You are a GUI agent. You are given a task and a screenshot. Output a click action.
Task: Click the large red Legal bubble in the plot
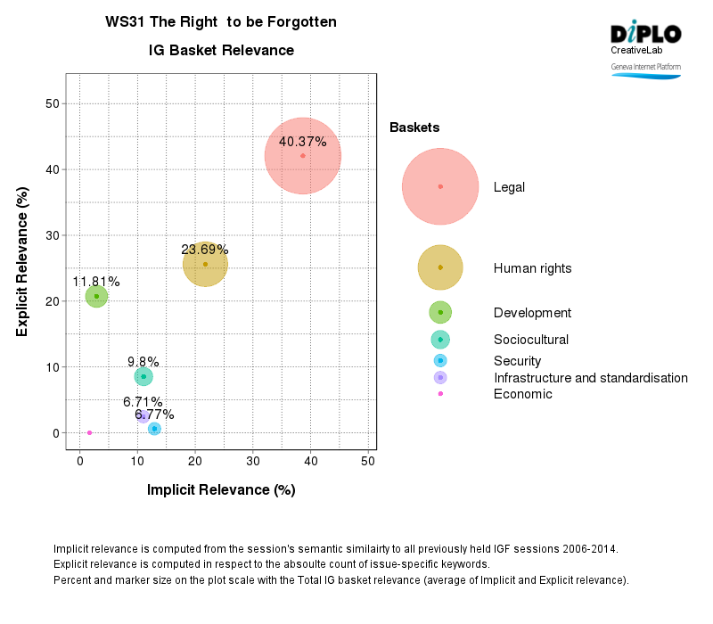coord(303,156)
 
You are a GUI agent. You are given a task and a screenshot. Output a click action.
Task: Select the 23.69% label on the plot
coord(205,250)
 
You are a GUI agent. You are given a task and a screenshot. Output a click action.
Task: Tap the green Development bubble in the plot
coord(96,297)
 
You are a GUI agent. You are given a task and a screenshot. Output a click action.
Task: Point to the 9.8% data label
coord(143,362)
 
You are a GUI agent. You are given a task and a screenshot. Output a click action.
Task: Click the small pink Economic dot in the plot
coord(89,432)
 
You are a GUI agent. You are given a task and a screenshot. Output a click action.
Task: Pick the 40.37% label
coord(303,142)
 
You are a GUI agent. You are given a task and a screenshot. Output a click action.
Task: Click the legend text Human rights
coord(532,268)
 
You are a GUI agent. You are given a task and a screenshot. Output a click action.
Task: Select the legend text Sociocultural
coord(530,340)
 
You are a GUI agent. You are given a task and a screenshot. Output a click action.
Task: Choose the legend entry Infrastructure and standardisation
coord(590,378)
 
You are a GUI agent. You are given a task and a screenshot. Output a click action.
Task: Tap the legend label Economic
coord(522,394)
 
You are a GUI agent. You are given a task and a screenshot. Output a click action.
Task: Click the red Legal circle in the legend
coord(440,186)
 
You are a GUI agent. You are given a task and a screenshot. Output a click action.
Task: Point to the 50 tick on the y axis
coord(53,103)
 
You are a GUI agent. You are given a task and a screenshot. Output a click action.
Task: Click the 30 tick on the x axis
coord(253,460)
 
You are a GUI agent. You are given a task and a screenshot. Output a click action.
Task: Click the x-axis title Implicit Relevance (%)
coord(221,490)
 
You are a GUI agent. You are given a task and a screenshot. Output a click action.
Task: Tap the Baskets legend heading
coord(414,128)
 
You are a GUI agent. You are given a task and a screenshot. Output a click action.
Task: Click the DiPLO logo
coord(646,36)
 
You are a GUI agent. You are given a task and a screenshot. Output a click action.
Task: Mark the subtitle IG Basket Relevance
coord(221,51)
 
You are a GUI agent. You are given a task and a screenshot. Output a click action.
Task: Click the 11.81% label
coord(96,282)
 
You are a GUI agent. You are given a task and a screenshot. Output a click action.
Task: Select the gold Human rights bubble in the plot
coord(205,266)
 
